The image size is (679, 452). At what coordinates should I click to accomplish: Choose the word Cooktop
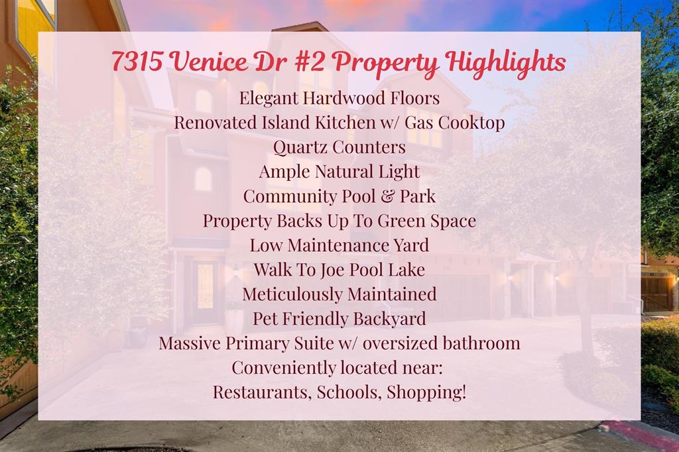(471, 123)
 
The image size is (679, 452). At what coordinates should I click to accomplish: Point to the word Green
(401, 221)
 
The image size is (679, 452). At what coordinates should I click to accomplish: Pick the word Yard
(411, 245)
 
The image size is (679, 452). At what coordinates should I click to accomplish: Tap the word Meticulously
(292, 294)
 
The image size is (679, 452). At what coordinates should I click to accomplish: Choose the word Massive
(190, 343)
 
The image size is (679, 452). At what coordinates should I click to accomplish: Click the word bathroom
(481, 343)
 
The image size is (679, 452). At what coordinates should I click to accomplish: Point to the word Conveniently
(283, 368)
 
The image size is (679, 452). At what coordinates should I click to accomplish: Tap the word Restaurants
(262, 392)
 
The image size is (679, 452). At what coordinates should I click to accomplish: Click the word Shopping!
(426, 393)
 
